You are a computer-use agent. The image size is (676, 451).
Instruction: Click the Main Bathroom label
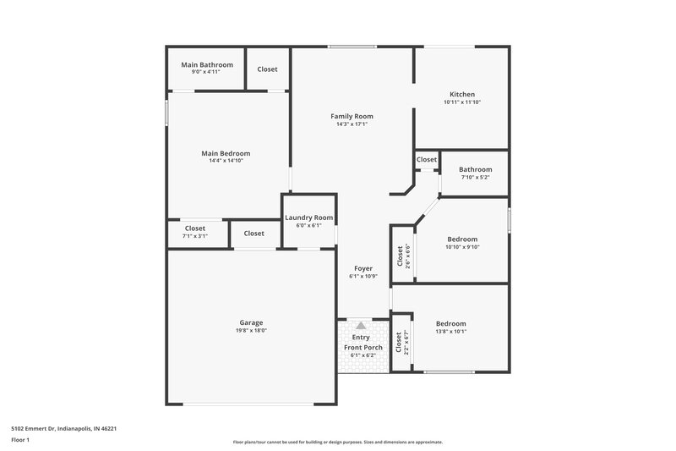coord(207,64)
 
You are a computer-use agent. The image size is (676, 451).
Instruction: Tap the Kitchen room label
coord(462,94)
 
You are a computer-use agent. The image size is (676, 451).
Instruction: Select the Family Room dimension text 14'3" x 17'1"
coord(352,124)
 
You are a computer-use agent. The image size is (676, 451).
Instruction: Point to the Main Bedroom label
coord(226,153)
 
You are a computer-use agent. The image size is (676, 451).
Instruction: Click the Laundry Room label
coord(309,217)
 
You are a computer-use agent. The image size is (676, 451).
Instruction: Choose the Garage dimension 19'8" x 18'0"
coord(251,331)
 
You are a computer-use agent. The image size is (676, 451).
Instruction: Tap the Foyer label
coord(363,268)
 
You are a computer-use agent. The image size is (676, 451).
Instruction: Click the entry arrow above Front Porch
coord(362,325)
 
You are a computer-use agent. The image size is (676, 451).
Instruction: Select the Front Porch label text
coord(363,348)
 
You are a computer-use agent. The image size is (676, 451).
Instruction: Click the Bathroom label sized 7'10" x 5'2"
coord(476,169)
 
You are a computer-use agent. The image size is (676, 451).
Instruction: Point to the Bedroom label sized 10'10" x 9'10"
coord(462,239)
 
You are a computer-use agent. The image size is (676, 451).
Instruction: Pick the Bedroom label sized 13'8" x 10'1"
coord(450,324)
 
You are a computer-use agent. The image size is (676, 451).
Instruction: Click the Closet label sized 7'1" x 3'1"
coord(195,228)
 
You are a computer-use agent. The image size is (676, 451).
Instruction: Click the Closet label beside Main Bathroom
coord(268,69)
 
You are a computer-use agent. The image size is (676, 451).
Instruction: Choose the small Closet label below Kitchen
coord(427,159)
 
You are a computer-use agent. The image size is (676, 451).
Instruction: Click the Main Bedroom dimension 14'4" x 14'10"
coord(226,161)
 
